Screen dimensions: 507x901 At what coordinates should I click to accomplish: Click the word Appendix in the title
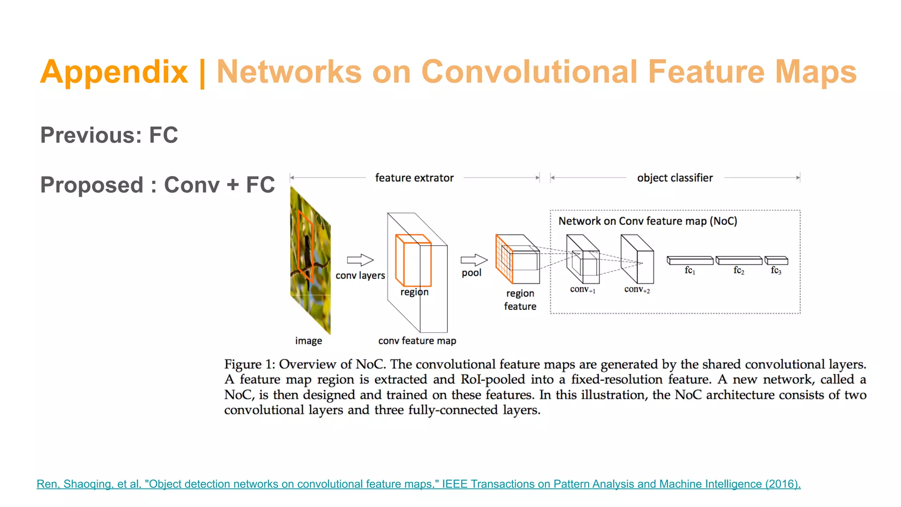click(x=114, y=72)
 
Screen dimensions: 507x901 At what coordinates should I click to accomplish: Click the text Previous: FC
click(x=109, y=135)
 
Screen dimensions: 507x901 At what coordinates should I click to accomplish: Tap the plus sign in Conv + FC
click(x=233, y=185)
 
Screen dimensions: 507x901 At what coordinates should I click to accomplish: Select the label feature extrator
click(x=414, y=178)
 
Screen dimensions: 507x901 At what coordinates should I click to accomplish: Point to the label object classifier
click(x=675, y=178)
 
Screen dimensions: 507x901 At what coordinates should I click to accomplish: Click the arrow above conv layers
click(x=360, y=260)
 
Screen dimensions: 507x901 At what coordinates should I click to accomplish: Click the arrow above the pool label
click(x=474, y=260)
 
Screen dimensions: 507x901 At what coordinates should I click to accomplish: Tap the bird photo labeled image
click(x=310, y=260)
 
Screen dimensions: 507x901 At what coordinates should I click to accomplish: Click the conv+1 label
click(x=582, y=290)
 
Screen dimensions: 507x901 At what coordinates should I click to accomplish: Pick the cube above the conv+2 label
click(x=637, y=260)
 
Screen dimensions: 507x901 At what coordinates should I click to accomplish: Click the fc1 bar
click(x=690, y=261)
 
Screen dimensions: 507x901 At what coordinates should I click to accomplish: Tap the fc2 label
click(x=739, y=271)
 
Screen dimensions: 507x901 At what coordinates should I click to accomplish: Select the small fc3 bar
click(x=776, y=261)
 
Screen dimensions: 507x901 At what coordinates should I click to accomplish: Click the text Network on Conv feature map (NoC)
click(x=648, y=221)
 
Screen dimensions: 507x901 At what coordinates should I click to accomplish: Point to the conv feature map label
click(x=417, y=341)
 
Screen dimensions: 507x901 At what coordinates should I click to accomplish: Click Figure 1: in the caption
click(x=249, y=364)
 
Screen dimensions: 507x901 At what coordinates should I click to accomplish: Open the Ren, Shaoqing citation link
click(x=418, y=484)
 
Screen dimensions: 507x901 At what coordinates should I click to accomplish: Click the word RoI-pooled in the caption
click(x=493, y=380)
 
